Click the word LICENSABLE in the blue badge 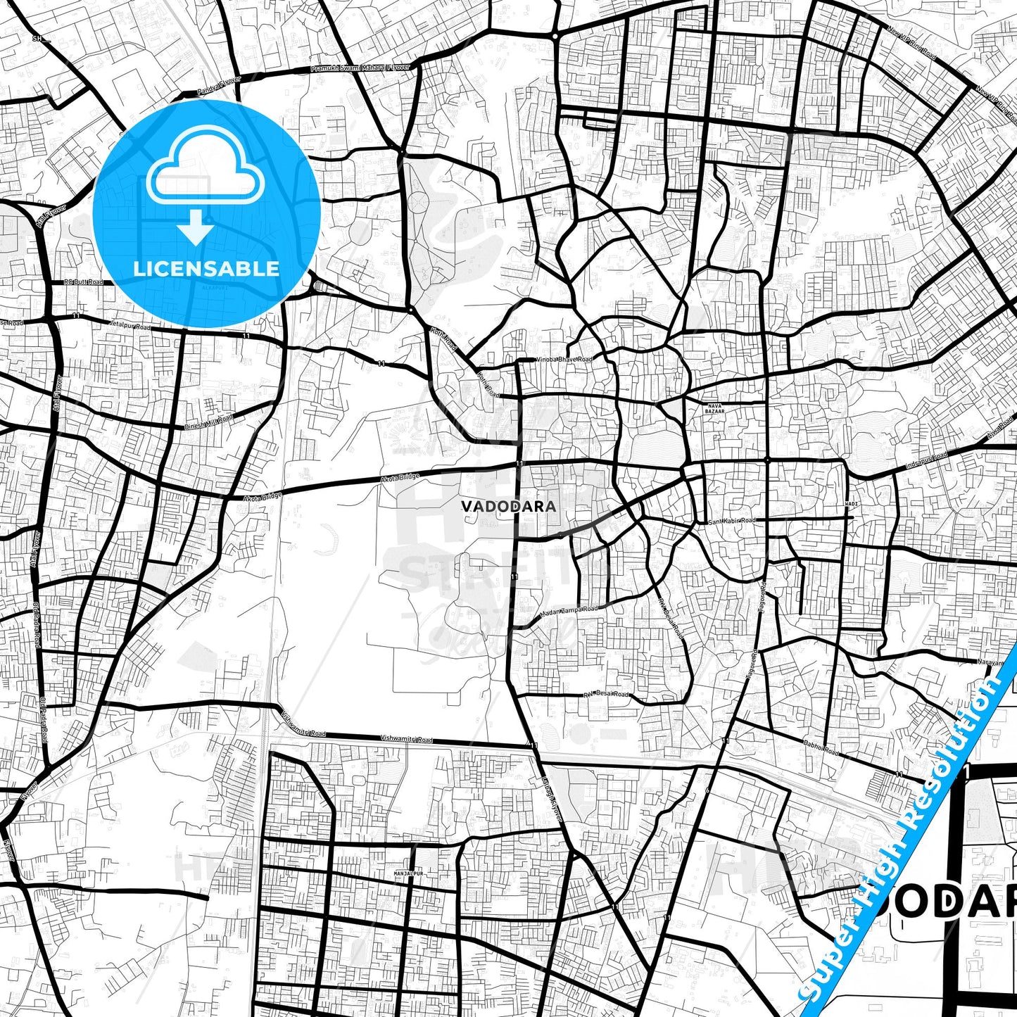[206, 268]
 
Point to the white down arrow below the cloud [196, 229]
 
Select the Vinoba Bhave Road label [564, 359]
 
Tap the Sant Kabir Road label [732, 521]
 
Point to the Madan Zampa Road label [569, 614]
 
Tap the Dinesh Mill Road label [208, 422]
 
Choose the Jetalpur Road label [130, 327]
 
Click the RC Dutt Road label [83, 282]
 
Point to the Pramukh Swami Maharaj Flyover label [360, 68]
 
